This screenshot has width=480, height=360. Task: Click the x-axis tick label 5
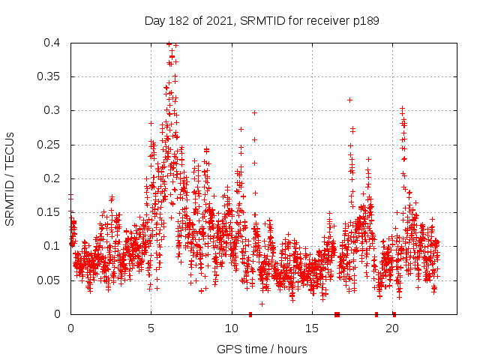coord(151,328)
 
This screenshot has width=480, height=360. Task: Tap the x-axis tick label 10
coord(231,328)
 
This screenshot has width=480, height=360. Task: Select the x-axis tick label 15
coord(312,328)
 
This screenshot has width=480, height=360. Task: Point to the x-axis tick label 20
coord(392,328)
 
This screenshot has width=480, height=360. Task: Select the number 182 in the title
coord(179,21)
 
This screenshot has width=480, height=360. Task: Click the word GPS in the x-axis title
coord(228,349)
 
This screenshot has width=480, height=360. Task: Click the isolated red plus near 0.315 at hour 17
coord(349,100)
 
